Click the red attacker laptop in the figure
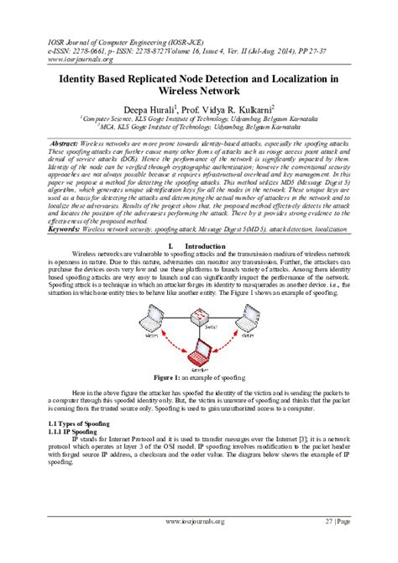(202, 354)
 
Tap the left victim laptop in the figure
(152, 315)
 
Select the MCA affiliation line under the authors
(199, 128)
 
